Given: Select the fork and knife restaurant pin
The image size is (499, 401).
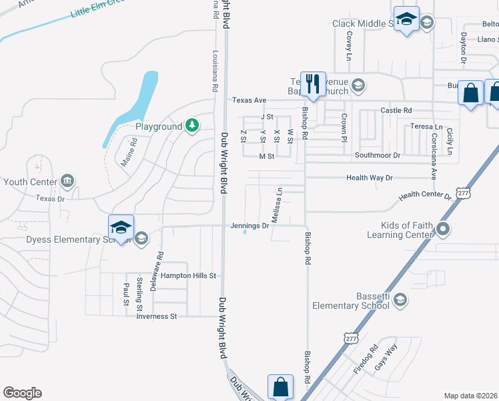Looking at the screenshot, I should pos(313,84).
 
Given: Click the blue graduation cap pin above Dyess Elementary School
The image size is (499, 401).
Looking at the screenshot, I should pos(121,228).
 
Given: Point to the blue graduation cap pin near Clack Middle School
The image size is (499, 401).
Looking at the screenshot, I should pos(406,19).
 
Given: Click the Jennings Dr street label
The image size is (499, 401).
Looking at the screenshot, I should pos(249,225).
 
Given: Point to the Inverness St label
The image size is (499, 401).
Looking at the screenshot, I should pos(156,316).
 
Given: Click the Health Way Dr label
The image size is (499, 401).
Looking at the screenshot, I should pos(370,178).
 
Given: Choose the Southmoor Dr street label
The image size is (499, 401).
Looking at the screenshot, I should pos(377,155).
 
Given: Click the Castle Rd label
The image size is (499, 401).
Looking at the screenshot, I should pos(396,110).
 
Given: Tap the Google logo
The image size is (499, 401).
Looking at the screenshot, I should pos(22,393).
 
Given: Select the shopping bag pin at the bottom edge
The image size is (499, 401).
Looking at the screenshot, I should pos(281,387).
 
